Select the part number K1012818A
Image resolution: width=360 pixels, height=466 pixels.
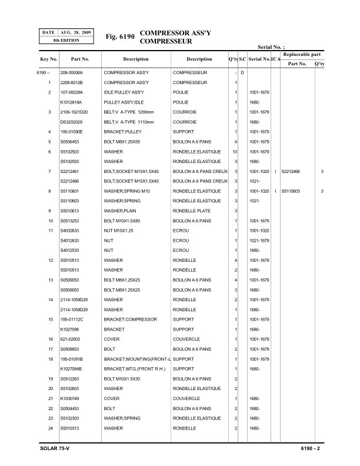tap(72, 102)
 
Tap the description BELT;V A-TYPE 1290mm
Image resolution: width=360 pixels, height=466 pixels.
tap(129, 112)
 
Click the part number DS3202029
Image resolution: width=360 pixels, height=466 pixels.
tap(72, 122)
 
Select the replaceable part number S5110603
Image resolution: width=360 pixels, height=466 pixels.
tap(291, 192)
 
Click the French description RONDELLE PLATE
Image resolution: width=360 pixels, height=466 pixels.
tap(191, 211)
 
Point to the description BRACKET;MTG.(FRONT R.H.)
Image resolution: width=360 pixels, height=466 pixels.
tap(135, 370)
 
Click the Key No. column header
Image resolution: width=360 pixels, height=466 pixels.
tap(49, 59)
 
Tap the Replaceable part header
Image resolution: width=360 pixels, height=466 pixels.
tap(302, 54)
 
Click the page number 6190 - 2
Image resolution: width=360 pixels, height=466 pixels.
tap(309, 450)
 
